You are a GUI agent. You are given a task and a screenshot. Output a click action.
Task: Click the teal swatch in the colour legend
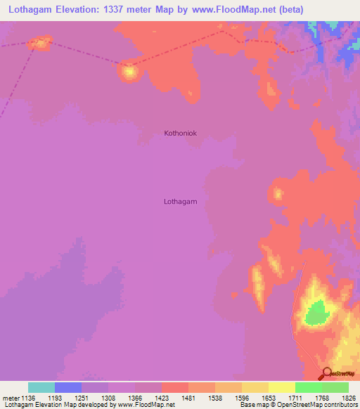(41, 387)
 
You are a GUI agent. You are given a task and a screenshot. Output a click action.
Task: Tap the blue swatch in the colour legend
(68, 387)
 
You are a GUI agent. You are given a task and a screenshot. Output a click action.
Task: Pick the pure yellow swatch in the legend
(281, 387)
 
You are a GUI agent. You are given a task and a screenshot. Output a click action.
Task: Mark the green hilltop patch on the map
(317, 311)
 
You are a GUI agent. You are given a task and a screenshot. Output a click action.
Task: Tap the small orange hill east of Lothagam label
(278, 193)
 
